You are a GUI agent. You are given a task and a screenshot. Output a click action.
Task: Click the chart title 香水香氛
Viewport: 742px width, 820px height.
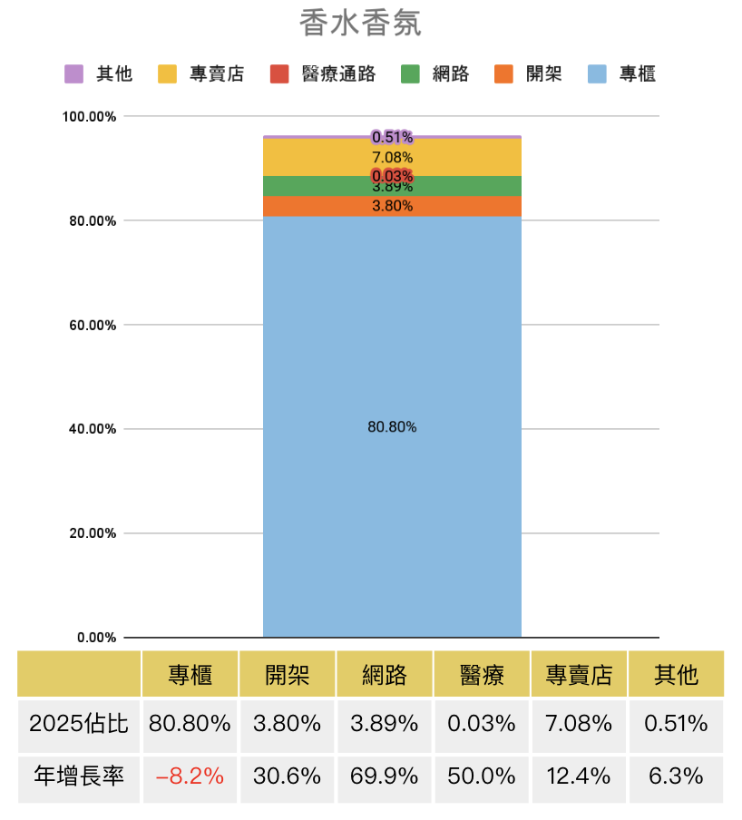click(x=360, y=24)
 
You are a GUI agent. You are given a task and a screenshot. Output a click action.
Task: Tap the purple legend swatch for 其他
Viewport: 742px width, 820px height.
click(x=74, y=74)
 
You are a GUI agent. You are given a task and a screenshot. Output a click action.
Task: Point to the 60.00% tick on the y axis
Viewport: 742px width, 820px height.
click(x=89, y=325)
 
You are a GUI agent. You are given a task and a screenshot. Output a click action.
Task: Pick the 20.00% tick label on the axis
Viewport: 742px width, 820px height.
click(x=89, y=533)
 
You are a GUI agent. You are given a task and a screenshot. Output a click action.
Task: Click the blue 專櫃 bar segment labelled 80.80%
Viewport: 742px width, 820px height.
click(x=392, y=427)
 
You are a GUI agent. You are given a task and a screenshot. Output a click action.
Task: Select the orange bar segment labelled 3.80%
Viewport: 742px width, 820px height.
click(x=392, y=206)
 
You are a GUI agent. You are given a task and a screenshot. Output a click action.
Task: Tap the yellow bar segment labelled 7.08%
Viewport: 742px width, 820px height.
click(x=392, y=157)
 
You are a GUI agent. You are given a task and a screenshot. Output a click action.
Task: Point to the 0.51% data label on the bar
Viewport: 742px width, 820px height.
click(x=392, y=137)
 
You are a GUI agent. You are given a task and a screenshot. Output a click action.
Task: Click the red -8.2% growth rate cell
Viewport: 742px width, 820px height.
click(x=190, y=777)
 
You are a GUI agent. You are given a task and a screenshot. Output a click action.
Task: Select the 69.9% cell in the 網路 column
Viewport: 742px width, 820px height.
click(x=385, y=777)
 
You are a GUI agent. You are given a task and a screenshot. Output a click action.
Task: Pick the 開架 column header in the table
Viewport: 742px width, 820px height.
click(x=287, y=675)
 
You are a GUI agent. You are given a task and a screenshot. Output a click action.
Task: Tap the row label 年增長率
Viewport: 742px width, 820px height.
click(x=78, y=777)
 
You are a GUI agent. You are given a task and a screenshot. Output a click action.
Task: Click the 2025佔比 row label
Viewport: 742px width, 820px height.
click(x=78, y=724)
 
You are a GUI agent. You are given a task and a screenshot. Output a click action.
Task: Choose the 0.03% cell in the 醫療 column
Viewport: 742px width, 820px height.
click(x=482, y=724)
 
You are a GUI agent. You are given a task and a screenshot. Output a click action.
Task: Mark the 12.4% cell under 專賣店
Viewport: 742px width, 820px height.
click(x=579, y=777)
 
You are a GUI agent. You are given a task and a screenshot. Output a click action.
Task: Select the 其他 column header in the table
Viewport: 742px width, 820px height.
click(x=676, y=675)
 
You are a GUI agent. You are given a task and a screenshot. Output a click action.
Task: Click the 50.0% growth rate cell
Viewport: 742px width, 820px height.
click(x=482, y=777)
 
